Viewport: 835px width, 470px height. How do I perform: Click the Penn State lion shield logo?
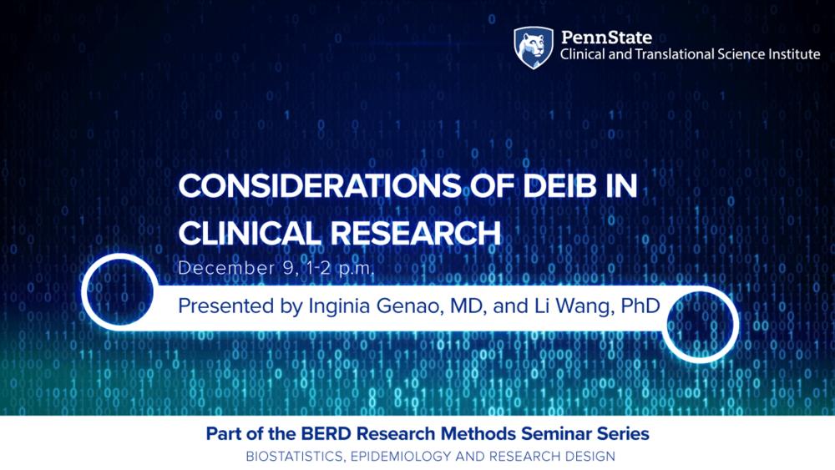coord(534,47)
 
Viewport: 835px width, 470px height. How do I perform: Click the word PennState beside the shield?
coord(606,38)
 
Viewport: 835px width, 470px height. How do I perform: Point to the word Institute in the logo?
coord(793,55)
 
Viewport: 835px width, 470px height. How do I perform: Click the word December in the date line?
coord(220,270)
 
